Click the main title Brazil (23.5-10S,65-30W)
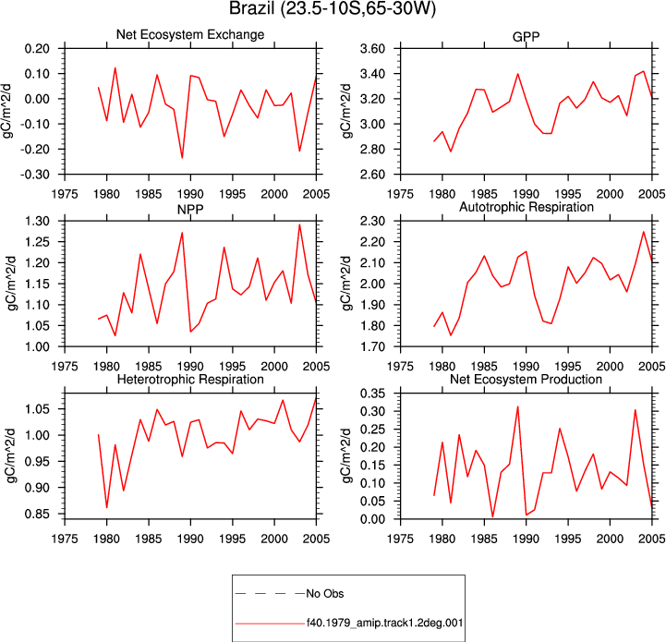tap(333, 8)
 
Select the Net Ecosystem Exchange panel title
tap(190, 34)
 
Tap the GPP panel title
tap(526, 37)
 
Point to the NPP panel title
tap(190, 210)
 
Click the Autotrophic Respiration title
tap(527, 207)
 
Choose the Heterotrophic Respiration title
tap(190, 379)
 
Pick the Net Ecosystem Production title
tap(526, 379)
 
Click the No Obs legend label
tap(325, 594)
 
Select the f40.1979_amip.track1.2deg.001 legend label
tap(384, 624)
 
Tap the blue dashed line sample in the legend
tap(270, 594)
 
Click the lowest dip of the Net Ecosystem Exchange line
tap(182, 158)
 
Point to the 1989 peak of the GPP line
tap(518, 74)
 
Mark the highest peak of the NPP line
tap(299, 224)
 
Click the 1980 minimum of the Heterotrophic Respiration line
tap(106, 508)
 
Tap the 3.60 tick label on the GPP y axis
tap(372, 49)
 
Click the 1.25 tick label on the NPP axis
tap(37, 242)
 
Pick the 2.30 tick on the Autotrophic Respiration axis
tap(372, 222)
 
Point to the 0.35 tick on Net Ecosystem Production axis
tap(372, 394)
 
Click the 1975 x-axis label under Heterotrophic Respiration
tap(65, 539)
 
